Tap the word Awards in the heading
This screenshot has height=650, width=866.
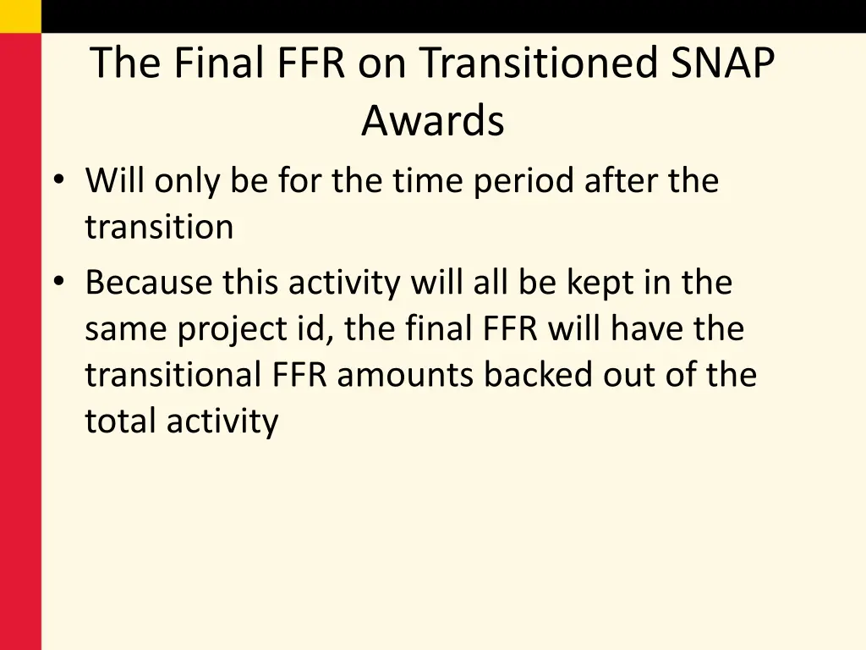tap(432, 120)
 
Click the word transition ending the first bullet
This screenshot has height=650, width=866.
tap(159, 227)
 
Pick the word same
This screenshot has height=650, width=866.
tap(126, 328)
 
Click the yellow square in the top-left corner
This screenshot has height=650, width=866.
tap(20, 16)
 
